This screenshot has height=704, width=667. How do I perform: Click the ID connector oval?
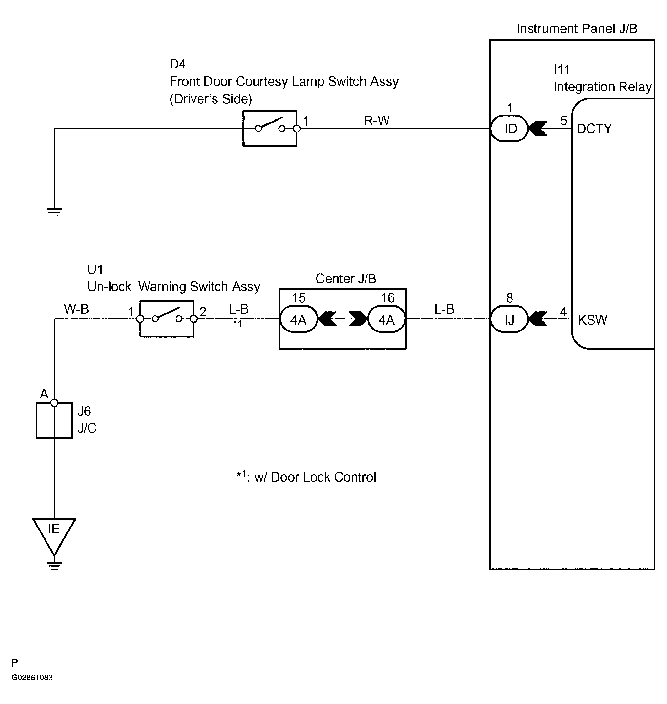point(509,128)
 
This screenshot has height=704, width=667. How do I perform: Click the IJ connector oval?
point(509,319)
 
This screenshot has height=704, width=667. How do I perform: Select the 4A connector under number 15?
point(299,319)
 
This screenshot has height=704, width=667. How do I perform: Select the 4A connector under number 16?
point(387,319)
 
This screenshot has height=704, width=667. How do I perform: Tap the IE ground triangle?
point(54,534)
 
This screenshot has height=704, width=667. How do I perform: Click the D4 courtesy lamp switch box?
point(270,128)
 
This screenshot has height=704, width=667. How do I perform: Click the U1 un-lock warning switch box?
point(167,319)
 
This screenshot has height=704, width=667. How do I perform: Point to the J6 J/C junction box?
point(54,420)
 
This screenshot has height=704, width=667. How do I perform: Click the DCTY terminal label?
point(594,128)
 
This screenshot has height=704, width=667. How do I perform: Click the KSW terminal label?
point(592,320)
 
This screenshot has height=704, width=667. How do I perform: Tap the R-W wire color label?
point(377,121)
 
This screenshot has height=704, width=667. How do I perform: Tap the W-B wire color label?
point(76,309)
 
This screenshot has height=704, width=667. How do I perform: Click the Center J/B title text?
point(345,279)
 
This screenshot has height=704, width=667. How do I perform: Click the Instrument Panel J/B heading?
point(577,29)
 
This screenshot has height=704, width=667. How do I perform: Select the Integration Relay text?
point(603,87)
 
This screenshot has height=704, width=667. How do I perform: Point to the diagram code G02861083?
point(32,678)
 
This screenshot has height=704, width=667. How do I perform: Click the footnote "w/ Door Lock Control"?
point(315,477)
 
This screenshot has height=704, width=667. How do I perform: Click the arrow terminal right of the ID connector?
point(538,128)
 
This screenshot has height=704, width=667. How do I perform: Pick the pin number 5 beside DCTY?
point(564,121)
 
